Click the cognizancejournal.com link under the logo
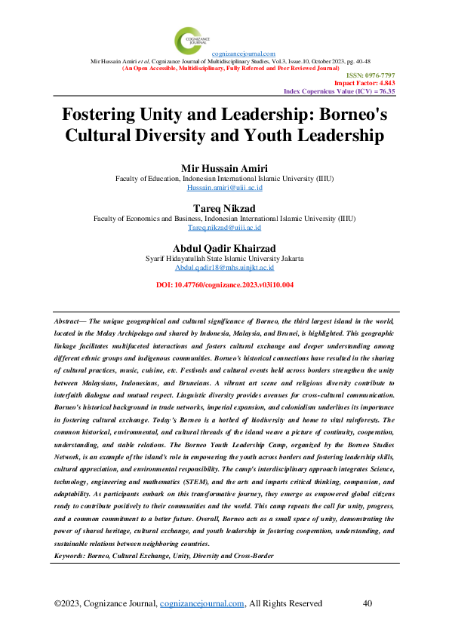point(243,54)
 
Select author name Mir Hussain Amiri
point(224,167)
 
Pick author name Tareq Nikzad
point(224,207)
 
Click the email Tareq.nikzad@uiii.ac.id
point(224,227)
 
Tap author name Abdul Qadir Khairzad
point(224,247)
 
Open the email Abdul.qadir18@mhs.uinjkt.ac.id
point(224,267)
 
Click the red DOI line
point(224,285)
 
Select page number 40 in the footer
point(368,603)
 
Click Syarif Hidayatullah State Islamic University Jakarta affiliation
point(224,258)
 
